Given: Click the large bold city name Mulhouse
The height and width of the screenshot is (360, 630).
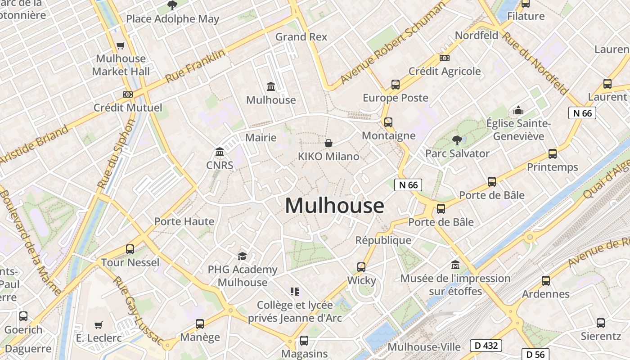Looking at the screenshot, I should click(334, 206).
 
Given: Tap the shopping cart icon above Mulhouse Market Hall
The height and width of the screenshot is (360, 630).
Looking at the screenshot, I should click(120, 45).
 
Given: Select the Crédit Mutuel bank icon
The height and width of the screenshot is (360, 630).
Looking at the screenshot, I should click(128, 94).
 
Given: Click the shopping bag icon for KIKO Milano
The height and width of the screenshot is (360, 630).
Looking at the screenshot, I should click(328, 143).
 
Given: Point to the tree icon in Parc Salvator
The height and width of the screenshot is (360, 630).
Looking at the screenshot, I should click(457, 140).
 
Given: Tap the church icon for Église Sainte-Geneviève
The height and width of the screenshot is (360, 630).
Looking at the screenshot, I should click(518, 110).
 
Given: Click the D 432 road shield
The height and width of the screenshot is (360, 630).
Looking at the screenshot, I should click(486, 346).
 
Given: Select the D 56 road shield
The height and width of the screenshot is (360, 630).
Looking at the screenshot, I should click(536, 355).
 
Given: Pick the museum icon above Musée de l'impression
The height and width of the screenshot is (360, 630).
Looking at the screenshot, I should click(455, 265).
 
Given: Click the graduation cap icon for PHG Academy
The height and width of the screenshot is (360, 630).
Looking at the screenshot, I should click(242, 256).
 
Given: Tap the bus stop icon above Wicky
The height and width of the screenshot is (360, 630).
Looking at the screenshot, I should click(361, 267).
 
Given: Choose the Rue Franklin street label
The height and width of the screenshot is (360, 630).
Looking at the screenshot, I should click(195, 67).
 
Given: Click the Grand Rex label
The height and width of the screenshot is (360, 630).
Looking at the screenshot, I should click(301, 36).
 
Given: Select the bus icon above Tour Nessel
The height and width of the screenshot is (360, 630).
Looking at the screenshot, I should click(130, 249).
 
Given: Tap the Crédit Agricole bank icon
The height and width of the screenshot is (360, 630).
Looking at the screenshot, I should click(444, 58).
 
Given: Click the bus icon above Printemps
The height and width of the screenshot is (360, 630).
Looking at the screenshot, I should click(552, 154).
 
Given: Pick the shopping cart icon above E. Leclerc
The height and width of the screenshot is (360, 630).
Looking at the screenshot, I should click(99, 325).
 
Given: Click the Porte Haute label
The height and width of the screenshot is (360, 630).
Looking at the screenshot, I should click(184, 221).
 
